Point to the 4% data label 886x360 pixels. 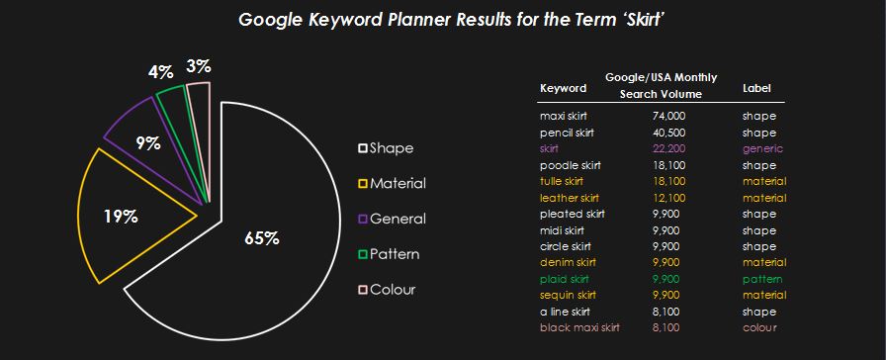[160, 72]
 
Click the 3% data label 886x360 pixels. [199, 66]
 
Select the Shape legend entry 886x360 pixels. [386, 148]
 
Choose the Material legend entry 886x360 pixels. [393, 184]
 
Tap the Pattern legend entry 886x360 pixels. [389, 254]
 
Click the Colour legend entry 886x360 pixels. [387, 290]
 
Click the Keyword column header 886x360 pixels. [563, 88]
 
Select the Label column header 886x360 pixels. [756, 88]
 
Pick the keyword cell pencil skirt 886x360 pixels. [567, 133]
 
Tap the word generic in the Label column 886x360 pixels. [762, 148]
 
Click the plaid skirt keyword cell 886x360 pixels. [565, 279]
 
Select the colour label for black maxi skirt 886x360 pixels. [759, 327]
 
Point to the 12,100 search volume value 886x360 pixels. [667, 198]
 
